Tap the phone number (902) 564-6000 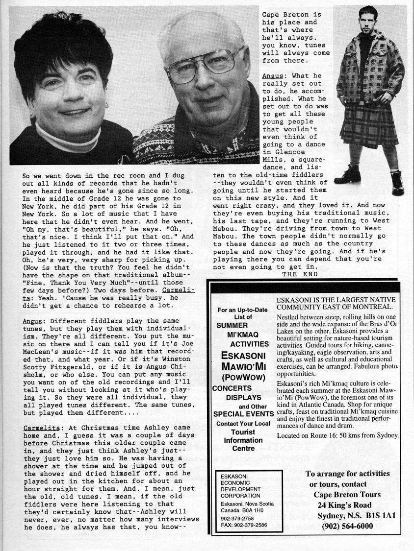point(348,526)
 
